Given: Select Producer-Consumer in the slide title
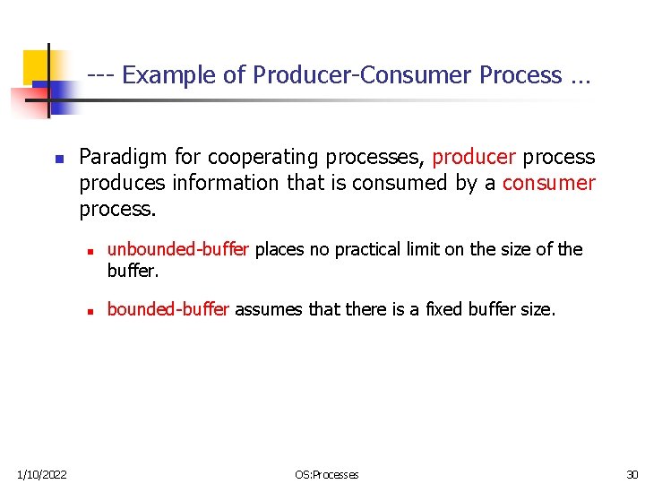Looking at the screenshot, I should click(x=363, y=75).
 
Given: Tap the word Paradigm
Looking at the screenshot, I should click(x=123, y=158).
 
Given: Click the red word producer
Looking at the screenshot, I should click(x=474, y=158).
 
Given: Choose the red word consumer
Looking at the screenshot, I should click(x=549, y=184).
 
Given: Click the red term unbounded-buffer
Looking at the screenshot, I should click(x=178, y=249).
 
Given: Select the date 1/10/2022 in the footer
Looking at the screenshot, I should click(x=41, y=474).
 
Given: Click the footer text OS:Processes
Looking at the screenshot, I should click(x=326, y=474).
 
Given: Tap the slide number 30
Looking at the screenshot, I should click(x=632, y=474).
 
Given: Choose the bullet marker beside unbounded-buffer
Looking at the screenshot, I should click(x=91, y=251).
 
